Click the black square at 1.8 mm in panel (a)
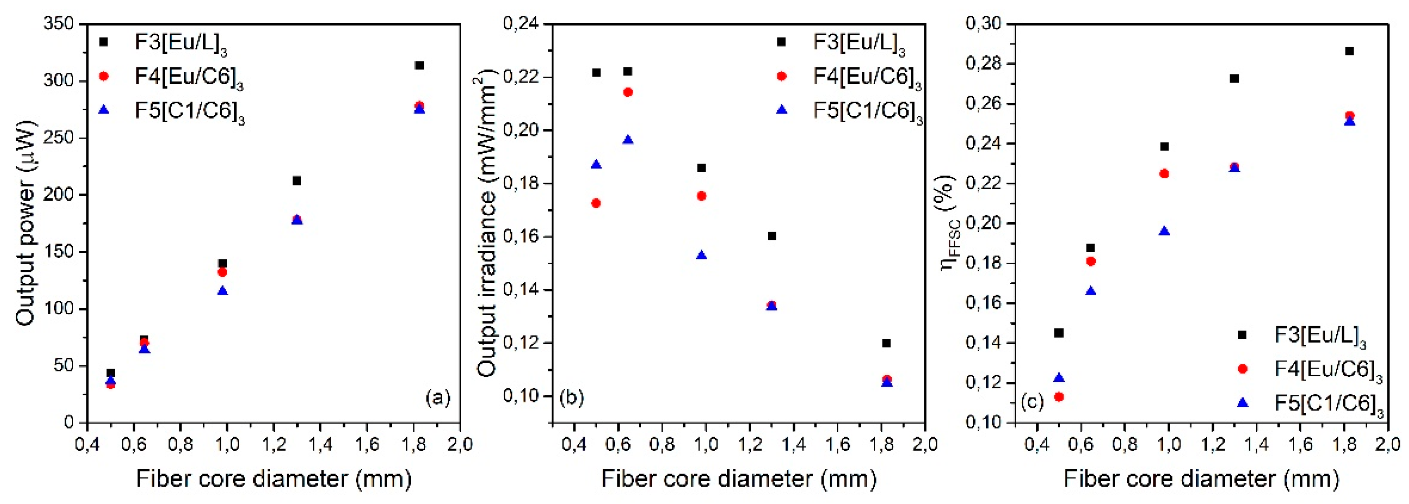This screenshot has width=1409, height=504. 419,66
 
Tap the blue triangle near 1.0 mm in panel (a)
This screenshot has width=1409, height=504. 223,291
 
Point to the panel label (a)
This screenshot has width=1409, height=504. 438,397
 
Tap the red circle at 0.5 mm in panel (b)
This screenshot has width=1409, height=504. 596,203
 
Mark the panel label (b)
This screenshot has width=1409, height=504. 571,397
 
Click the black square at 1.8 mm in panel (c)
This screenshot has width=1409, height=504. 1349,51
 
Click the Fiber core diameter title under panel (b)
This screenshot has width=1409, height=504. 739,479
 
